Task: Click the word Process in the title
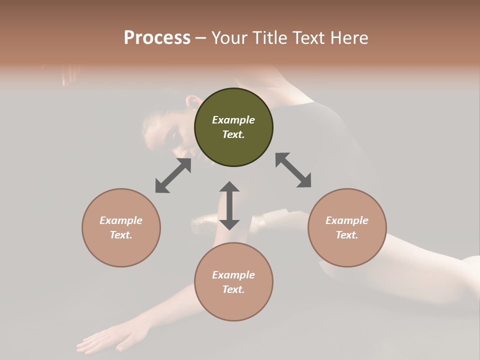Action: point(157,38)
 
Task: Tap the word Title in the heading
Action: point(267,38)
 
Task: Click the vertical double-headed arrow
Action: point(229,205)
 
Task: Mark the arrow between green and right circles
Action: point(293,170)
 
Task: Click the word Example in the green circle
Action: point(233,120)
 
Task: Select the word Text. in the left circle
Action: point(121,235)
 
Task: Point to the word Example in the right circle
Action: point(347,220)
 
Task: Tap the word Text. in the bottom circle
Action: point(233,289)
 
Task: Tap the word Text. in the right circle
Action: point(347,235)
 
